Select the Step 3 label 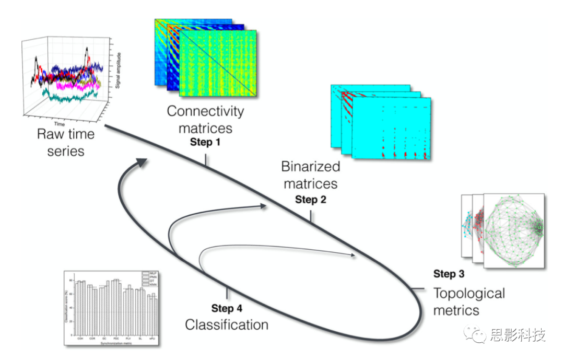tap(449, 274)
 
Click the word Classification tap(227, 324)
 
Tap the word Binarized tap(310, 167)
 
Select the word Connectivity tap(205, 111)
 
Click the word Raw tap(47, 134)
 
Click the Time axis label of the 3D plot tap(61, 124)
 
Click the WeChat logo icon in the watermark tap(478, 335)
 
